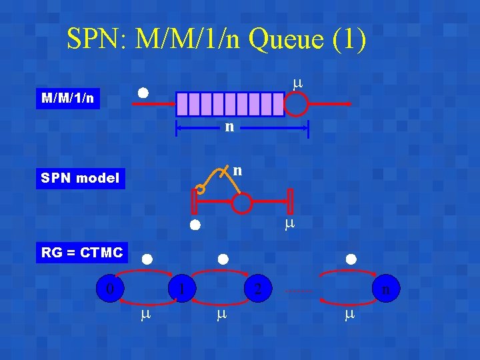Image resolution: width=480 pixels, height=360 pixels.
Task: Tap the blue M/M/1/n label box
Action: coord(67,99)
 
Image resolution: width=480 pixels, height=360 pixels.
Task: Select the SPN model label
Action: coord(80,178)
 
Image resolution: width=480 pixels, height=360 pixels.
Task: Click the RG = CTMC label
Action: coord(82,253)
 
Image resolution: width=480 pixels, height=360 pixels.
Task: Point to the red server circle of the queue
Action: coord(296,104)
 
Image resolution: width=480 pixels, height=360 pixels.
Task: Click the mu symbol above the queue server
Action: coord(297,83)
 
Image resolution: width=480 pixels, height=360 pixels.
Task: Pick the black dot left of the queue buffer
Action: coord(143,92)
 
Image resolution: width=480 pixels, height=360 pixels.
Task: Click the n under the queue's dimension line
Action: coord(229,126)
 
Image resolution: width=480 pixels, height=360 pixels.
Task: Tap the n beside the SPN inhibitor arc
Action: coord(237,171)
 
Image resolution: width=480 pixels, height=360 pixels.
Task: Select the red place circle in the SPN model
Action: coord(243,203)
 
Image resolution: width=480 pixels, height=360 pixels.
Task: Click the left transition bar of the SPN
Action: coord(194,202)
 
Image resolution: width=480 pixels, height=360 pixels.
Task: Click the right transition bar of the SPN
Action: coord(291,201)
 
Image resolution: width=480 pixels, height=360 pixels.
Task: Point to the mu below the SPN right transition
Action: coord(289,224)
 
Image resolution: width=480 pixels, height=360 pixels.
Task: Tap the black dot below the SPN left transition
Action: coord(195,225)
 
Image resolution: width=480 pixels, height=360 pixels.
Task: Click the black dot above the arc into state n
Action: coord(351,259)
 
